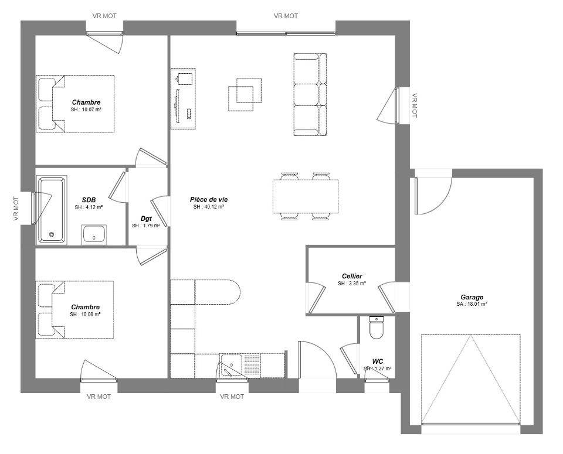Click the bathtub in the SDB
click(52, 210)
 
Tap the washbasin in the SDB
click(94, 235)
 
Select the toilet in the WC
click(377, 328)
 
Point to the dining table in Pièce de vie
click(306, 196)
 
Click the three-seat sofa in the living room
click(310, 95)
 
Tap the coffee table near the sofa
click(245, 94)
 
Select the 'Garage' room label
click(472, 297)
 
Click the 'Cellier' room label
click(352, 276)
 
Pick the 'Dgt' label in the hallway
click(146, 219)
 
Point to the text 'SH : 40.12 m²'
click(209, 207)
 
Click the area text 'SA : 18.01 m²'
click(472, 304)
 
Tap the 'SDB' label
click(89, 200)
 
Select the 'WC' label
click(377, 361)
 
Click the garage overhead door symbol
click(471, 379)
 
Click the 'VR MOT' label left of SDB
click(16, 209)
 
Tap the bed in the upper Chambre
click(75, 104)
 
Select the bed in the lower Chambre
click(74, 310)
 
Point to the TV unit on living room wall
click(183, 98)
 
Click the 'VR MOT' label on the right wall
click(415, 105)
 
